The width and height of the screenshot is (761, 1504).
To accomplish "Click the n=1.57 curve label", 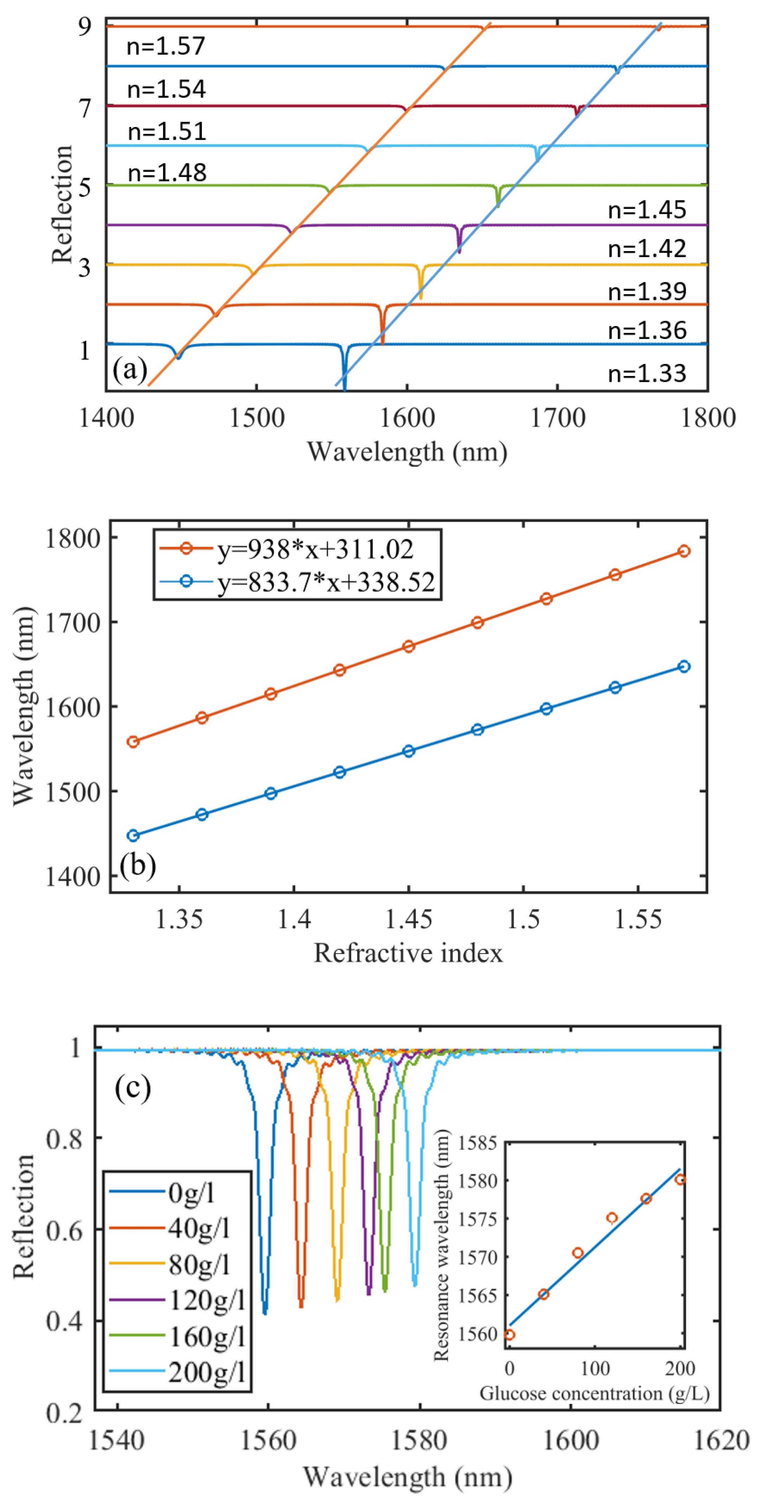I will click(x=166, y=46).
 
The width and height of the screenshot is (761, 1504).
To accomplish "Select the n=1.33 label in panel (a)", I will click(x=647, y=373).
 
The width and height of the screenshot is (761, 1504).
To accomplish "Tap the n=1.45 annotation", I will click(x=647, y=210).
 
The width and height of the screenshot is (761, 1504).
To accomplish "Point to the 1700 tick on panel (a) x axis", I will click(x=557, y=418).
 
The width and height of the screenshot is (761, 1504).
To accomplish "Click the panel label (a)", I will click(x=130, y=370).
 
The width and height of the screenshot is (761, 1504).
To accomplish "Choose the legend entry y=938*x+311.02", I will click(x=315, y=549).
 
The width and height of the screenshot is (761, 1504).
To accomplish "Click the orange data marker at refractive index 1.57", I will click(x=684, y=551).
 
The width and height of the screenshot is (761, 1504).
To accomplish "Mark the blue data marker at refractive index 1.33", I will click(x=133, y=836).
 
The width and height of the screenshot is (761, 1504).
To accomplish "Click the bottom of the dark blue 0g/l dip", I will click(x=265, y=1312).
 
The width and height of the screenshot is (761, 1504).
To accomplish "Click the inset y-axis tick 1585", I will click(x=477, y=1143).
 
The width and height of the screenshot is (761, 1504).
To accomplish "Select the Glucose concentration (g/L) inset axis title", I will click(x=594, y=1394).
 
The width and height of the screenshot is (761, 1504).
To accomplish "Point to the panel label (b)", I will click(x=138, y=865).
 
